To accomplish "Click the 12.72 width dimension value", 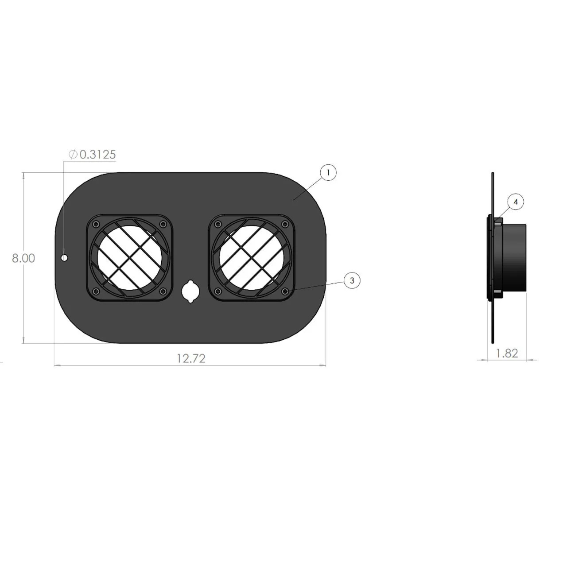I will click(191, 358).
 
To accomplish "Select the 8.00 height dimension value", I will click(23, 258).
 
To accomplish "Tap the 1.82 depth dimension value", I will click(507, 353).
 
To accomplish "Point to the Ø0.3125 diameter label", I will click(93, 155).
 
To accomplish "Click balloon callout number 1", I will click(328, 172).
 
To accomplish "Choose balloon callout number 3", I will click(352, 280).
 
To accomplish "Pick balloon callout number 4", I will click(515, 202).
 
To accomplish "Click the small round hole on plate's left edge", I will click(65, 257).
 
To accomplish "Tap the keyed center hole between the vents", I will click(190, 291).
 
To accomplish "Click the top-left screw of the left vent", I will click(96, 224).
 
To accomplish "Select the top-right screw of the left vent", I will click(163, 224).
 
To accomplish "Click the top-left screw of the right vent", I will click(217, 224).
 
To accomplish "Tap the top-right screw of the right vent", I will click(285, 224).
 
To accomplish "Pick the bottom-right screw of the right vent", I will click(285, 291).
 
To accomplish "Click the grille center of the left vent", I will click(129, 257).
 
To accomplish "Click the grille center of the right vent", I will click(251, 257).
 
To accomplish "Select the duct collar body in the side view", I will click(514, 258).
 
